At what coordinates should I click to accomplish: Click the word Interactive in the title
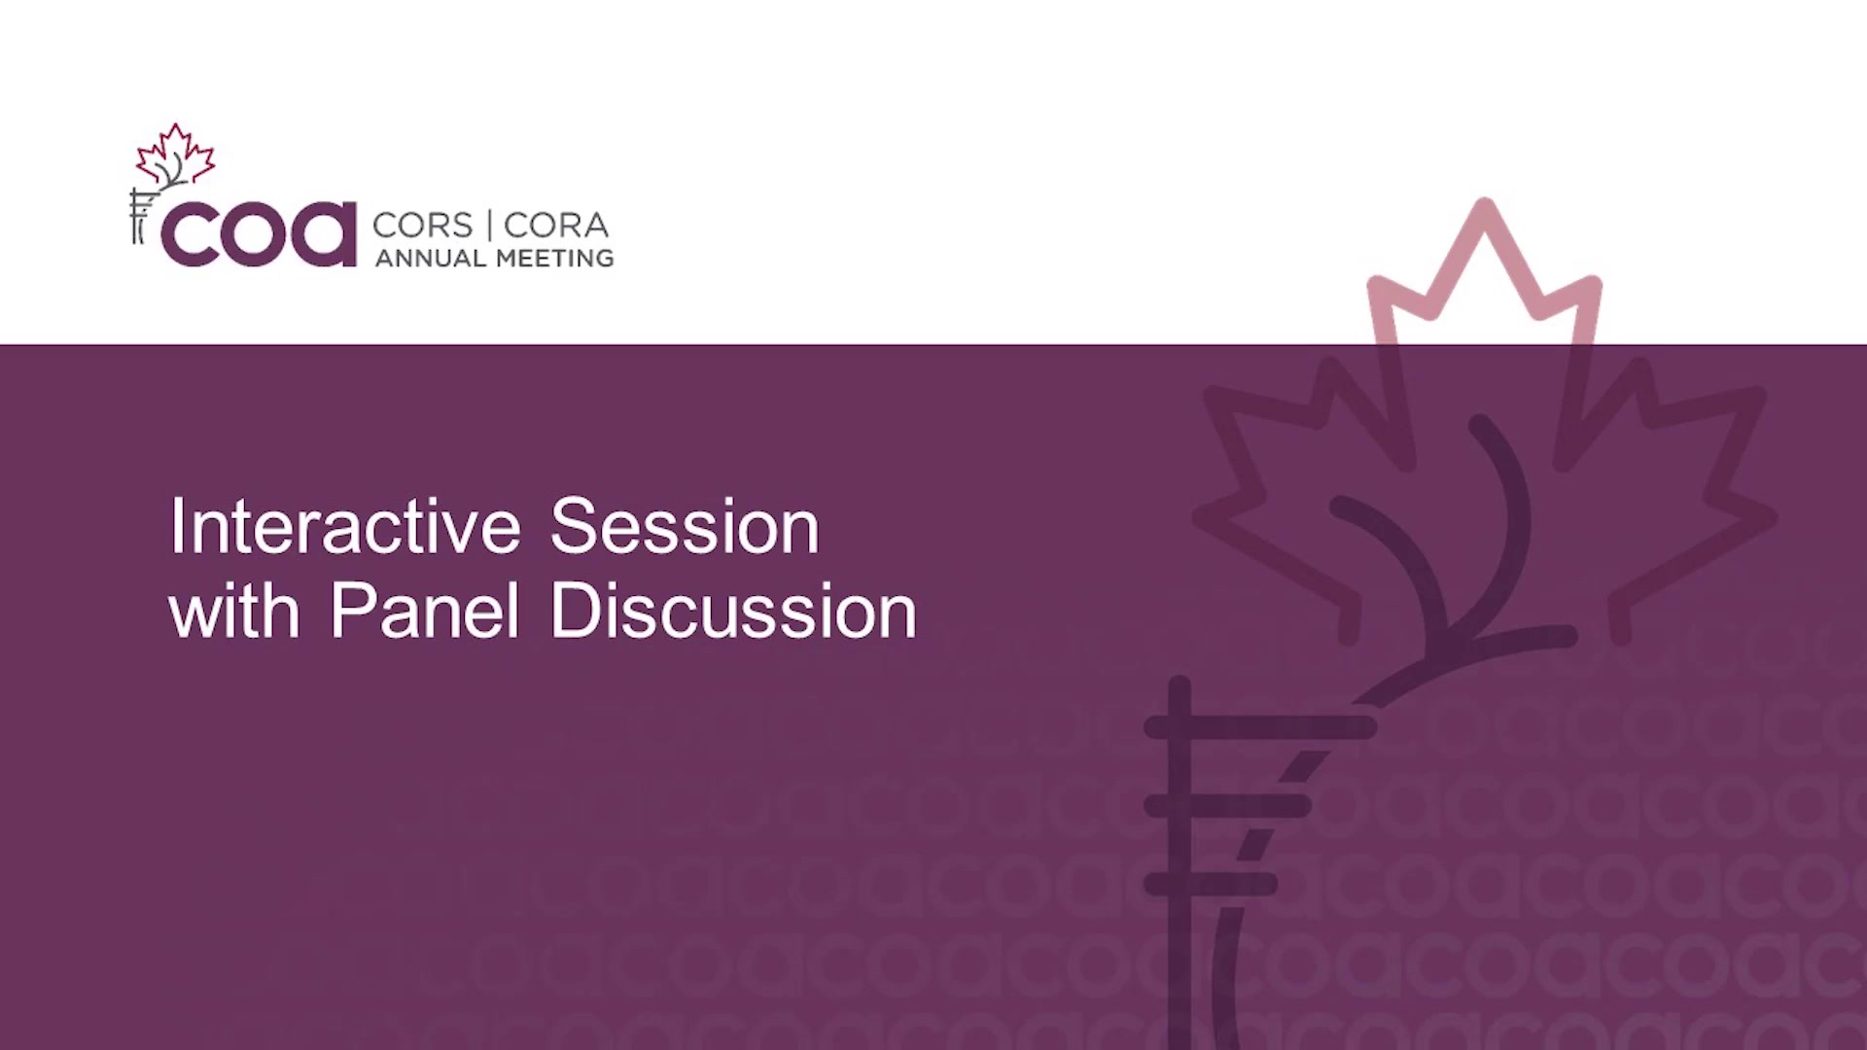point(345,526)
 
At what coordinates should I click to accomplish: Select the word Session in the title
point(685,526)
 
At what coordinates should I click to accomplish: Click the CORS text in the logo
point(422,226)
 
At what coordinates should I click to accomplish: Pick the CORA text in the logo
point(556,226)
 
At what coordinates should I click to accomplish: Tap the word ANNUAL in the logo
point(431,259)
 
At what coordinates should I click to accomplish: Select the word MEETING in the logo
point(555,259)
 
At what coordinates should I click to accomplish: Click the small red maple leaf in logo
point(175,154)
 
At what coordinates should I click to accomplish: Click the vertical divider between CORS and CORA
point(488,226)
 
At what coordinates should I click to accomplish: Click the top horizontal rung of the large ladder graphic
point(1260,726)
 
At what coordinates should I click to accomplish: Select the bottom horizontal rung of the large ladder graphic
point(1211,884)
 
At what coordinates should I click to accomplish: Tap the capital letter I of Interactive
point(176,526)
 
